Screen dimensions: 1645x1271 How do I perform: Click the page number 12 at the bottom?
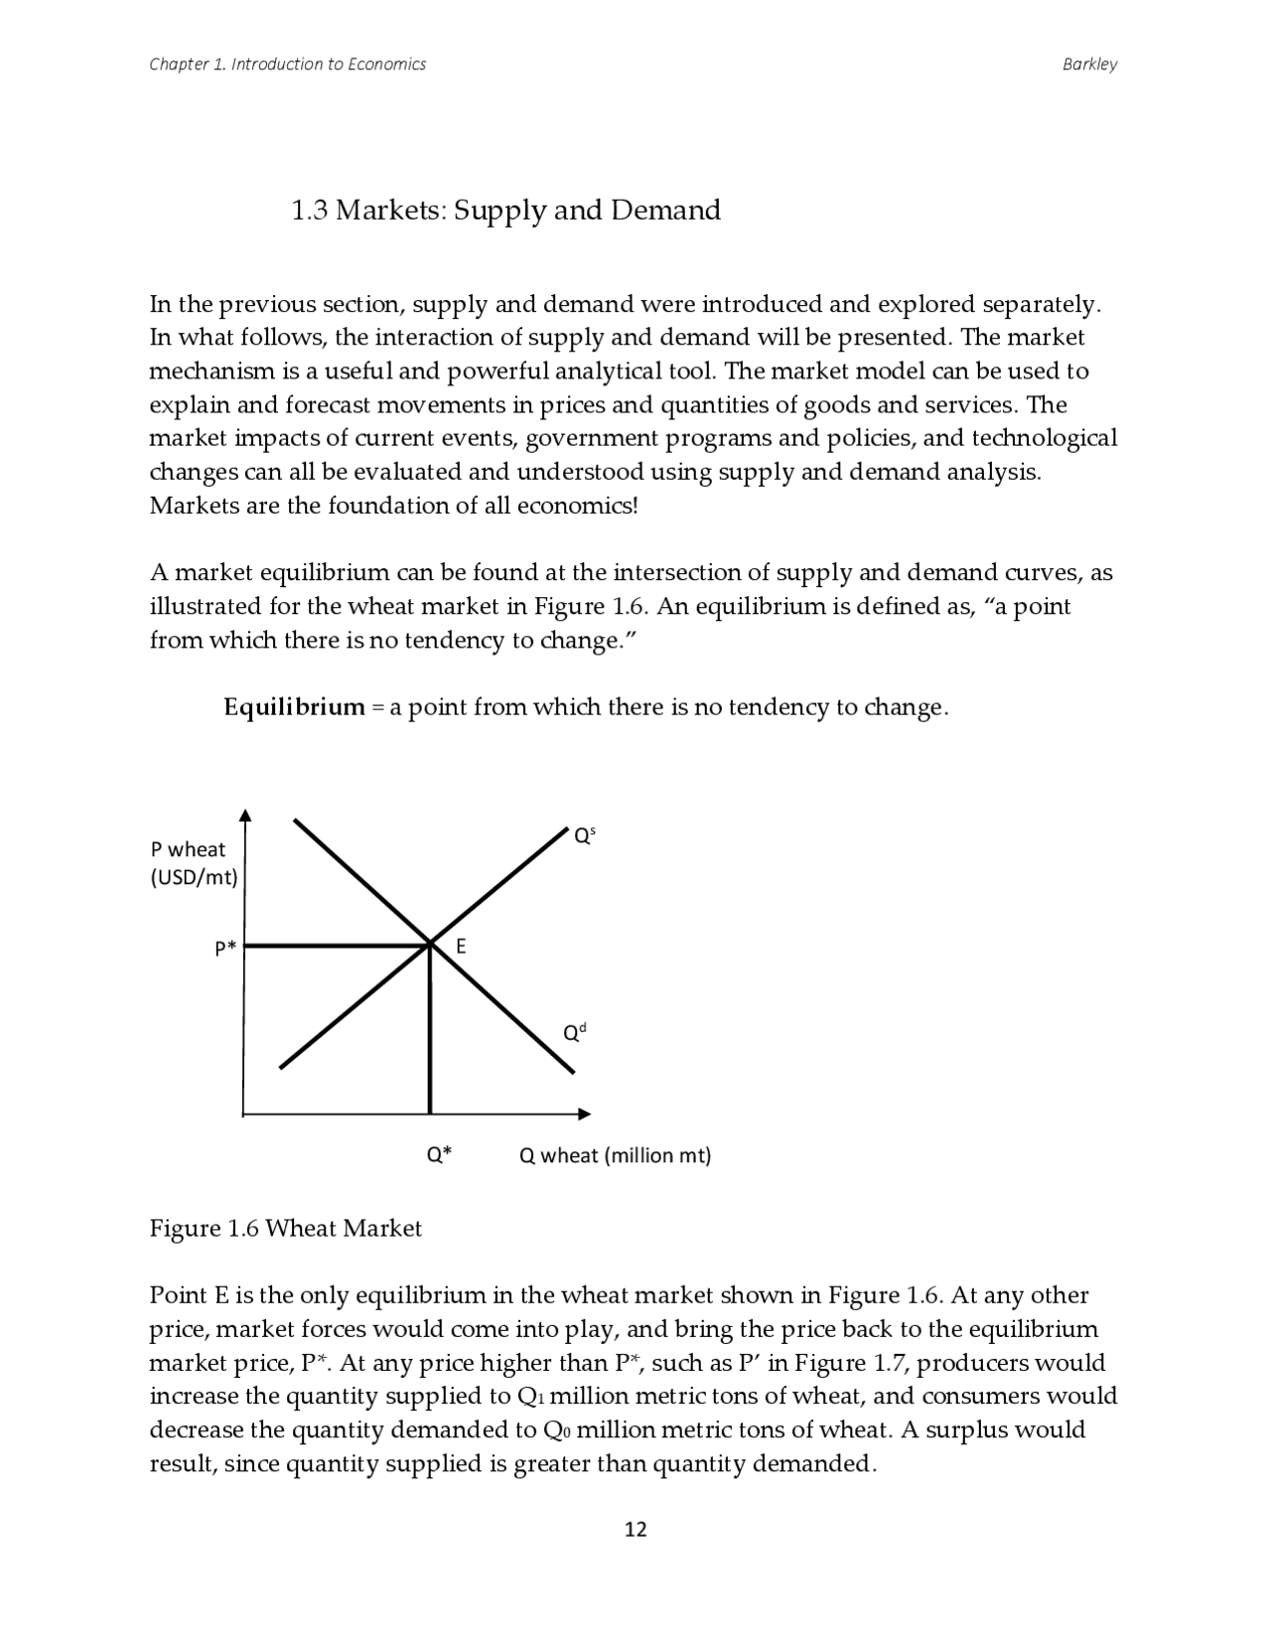(635, 1529)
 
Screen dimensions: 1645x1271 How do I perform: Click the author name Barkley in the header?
(1089, 65)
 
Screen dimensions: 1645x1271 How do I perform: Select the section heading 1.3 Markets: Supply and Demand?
(505, 211)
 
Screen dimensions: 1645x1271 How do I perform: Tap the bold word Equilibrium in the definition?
(294, 707)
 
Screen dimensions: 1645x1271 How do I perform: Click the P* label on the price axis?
(225, 948)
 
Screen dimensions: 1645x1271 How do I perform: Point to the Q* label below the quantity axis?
(439, 1154)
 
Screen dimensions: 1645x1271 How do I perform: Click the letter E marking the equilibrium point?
(461, 947)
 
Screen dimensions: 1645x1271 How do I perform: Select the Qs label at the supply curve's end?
(584, 836)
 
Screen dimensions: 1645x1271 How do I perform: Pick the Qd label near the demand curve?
(575, 1033)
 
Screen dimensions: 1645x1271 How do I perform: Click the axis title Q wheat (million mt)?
(615, 1155)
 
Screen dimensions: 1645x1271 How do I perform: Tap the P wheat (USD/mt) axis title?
(194, 863)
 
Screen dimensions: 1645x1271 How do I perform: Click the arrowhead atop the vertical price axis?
(245, 816)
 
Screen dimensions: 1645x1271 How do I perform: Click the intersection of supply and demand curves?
(430, 944)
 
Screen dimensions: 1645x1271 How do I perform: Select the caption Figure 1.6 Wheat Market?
(285, 1229)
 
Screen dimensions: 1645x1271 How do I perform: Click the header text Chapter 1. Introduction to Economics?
(287, 65)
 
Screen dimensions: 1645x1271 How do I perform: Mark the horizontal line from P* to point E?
(338, 946)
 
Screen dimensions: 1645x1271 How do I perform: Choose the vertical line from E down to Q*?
(430, 1033)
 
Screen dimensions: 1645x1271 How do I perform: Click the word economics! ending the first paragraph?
(577, 506)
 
